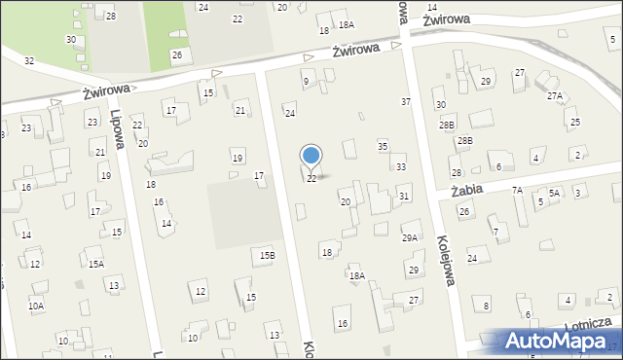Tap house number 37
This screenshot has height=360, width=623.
pos(406,102)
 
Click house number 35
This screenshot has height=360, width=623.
pos(383,146)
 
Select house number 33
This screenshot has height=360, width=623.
pos(400,167)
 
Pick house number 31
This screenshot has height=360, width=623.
pos(403,197)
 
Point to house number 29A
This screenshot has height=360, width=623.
pos(410,237)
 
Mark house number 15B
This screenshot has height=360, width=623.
pos(267,255)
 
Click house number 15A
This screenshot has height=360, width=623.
pos(95,264)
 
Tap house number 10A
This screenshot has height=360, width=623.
pos(36,306)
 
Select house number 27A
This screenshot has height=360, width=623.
pos(555,96)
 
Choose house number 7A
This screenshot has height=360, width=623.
pos(518,191)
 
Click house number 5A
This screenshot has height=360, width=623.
pos(554,194)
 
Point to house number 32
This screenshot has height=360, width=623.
pos(29,61)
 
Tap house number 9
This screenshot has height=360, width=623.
pos(306,82)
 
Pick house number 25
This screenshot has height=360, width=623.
pos(575,123)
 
